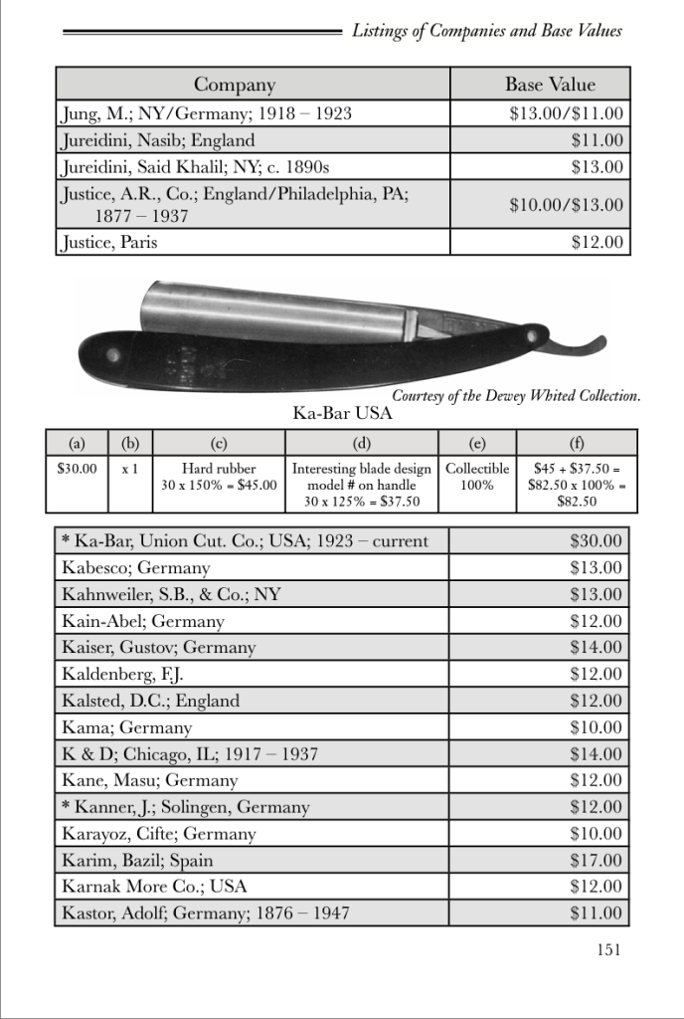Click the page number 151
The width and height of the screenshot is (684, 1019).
click(608, 949)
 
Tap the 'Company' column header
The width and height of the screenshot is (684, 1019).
click(234, 85)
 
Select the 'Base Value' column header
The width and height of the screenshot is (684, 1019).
click(550, 85)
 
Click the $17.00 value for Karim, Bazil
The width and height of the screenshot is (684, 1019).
click(596, 860)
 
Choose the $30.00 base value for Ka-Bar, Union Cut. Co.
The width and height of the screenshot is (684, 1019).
click(596, 541)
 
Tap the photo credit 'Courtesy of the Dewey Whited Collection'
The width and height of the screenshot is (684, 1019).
click(515, 396)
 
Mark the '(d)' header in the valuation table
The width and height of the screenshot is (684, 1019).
click(361, 443)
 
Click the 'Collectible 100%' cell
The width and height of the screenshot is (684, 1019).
click(476, 477)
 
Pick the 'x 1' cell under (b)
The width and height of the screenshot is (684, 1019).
click(128, 469)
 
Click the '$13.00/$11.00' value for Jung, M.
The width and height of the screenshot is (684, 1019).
click(566, 114)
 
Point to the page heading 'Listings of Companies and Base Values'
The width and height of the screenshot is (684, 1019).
click(487, 31)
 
